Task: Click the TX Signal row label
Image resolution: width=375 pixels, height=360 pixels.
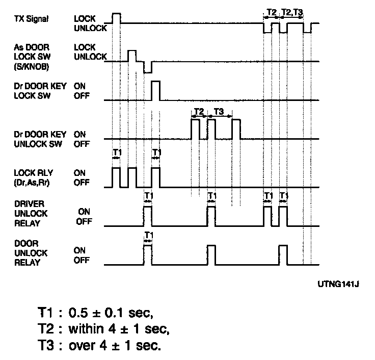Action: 31,19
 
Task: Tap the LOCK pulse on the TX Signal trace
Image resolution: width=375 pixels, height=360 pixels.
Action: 117,18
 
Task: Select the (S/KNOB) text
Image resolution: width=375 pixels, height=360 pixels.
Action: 31,66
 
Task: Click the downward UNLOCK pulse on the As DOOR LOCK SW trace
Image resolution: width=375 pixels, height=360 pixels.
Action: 148,67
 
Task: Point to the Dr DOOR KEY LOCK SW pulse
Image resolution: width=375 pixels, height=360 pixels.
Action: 156,90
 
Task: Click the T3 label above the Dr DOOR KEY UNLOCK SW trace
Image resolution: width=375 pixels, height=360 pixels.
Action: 219,112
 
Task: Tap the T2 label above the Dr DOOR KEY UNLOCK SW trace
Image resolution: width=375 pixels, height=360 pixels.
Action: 199,112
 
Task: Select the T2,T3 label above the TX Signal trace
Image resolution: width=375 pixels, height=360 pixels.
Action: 292,12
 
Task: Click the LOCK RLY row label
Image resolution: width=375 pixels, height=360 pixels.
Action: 34,173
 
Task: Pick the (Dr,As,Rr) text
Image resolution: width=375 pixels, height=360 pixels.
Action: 32,183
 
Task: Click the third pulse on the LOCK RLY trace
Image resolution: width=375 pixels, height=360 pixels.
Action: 156,177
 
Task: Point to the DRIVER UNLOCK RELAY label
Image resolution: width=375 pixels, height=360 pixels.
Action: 31,214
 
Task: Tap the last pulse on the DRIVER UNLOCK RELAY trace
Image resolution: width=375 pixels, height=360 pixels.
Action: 283,216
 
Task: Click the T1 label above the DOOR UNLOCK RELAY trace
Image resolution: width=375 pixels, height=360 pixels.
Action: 148,235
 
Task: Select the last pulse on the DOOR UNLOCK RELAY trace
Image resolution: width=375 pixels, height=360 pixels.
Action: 283,255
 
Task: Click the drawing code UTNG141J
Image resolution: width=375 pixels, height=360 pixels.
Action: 338,284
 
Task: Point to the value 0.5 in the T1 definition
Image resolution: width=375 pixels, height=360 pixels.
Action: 78,313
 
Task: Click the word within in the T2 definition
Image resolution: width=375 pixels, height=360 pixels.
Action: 86,329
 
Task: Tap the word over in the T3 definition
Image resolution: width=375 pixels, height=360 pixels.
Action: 83,346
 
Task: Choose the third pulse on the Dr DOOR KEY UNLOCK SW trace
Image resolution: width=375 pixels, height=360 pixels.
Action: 236,129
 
